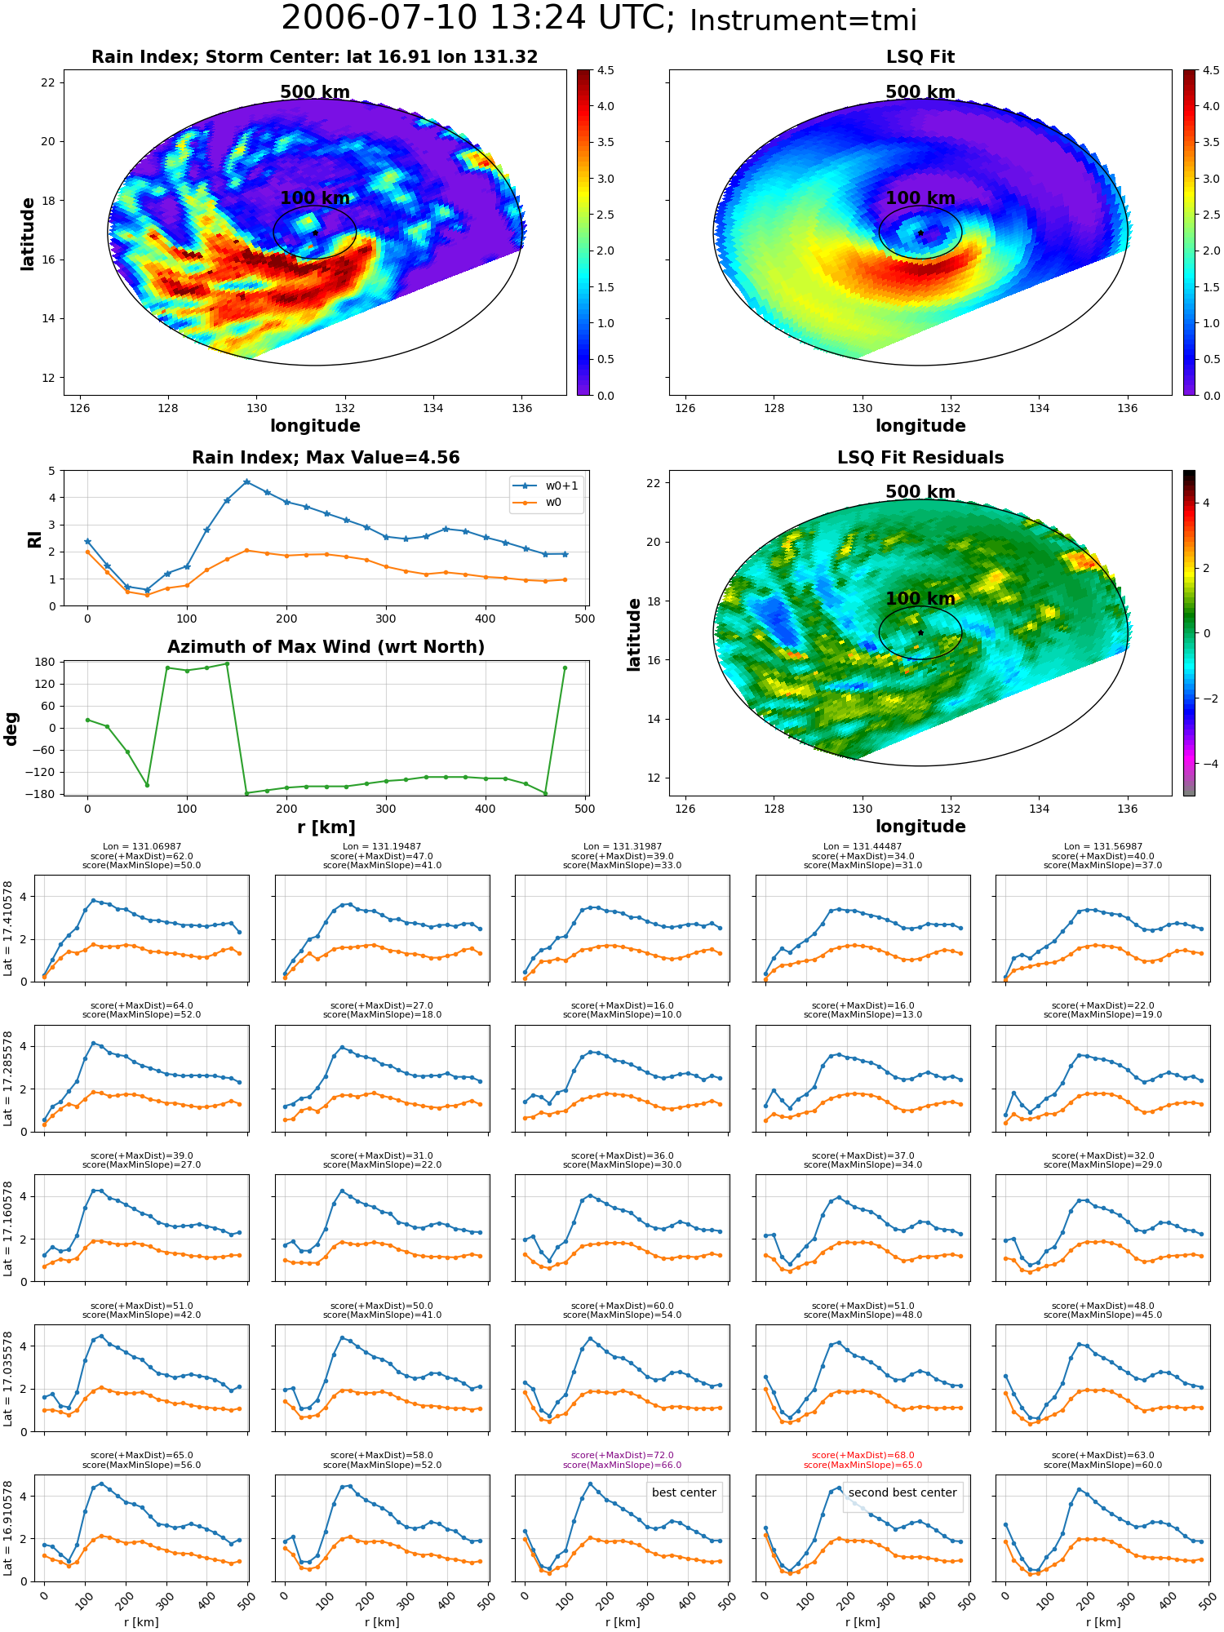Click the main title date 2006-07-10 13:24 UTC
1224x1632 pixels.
click(x=478, y=19)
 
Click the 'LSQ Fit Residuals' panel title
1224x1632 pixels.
click(x=920, y=458)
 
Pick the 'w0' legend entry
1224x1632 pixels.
click(x=538, y=503)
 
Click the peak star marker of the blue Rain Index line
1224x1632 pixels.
click(x=247, y=482)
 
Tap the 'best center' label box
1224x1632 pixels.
click(x=684, y=1492)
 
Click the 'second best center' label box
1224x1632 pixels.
click(x=902, y=1492)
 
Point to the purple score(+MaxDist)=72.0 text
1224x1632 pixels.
click(x=623, y=1455)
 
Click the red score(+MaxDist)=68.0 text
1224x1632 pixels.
click(x=863, y=1455)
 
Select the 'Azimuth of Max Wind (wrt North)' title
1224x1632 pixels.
click(x=326, y=647)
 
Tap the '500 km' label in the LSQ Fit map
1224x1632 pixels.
click(x=920, y=92)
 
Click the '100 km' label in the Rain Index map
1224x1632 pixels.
click(x=315, y=198)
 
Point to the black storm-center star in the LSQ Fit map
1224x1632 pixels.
click(x=920, y=233)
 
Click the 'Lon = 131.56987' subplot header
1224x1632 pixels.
click(x=1102, y=847)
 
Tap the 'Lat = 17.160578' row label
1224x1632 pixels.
click(x=8, y=1228)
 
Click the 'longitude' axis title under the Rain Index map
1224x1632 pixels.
click(x=315, y=426)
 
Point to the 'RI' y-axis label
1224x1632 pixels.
click(x=34, y=539)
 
